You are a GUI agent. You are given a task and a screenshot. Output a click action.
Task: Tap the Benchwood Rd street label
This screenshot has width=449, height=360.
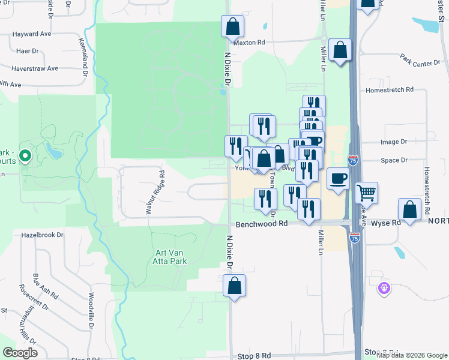click(262, 223)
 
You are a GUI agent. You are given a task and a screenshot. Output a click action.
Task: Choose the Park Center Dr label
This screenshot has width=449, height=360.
click(420, 60)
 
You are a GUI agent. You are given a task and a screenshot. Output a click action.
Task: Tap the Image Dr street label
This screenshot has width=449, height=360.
click(394, 142)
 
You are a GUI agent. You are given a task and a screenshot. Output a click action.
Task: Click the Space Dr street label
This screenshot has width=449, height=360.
click(394, 160)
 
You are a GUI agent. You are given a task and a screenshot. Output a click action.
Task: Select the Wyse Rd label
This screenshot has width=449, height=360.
click(386, 223)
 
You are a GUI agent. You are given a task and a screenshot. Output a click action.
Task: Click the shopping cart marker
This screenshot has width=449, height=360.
click(366, 193)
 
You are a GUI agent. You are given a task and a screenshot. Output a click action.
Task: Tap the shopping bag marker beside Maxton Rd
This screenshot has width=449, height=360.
click(232, 27)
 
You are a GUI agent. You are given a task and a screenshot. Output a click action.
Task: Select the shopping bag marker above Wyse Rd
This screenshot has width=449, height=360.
click(409, 211)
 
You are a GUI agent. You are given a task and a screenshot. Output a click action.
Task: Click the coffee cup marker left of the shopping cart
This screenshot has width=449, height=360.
click(339, 179)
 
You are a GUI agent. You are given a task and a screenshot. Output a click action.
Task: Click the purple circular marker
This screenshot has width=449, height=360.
click(384, 289)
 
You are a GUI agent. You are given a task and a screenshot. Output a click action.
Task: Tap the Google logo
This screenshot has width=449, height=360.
click(20, 353)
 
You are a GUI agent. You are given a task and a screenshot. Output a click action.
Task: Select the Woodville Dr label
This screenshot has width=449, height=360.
click(91, 311)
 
